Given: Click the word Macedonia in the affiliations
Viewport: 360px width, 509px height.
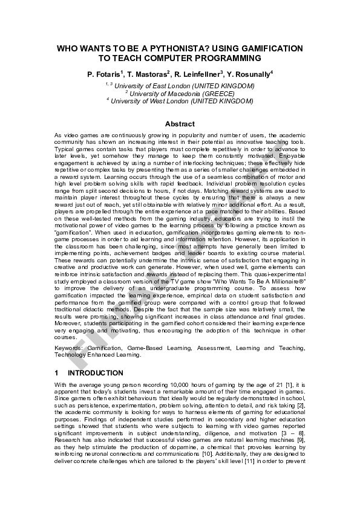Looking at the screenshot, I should click(x=182, y=94).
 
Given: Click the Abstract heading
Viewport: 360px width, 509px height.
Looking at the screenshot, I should click(x=180, y=124).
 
